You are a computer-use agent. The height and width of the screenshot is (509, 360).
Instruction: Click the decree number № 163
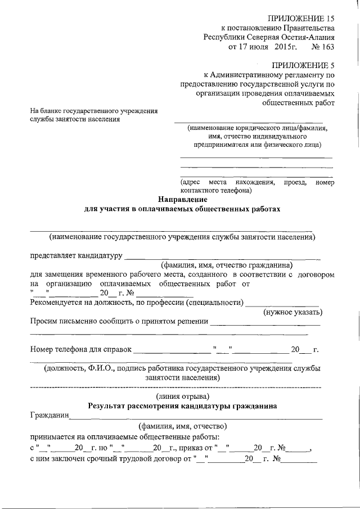click(323, 47)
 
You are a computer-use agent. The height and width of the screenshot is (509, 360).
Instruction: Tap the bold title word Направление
click(182, 199)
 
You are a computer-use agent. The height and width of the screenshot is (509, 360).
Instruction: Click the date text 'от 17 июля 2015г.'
click(262, 47)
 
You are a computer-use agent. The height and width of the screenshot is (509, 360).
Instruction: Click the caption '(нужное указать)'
click(292, 312)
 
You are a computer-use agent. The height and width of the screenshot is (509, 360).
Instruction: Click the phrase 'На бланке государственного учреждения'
click(94, 111)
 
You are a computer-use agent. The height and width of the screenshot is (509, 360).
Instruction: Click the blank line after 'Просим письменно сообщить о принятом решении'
click(264, 322)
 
